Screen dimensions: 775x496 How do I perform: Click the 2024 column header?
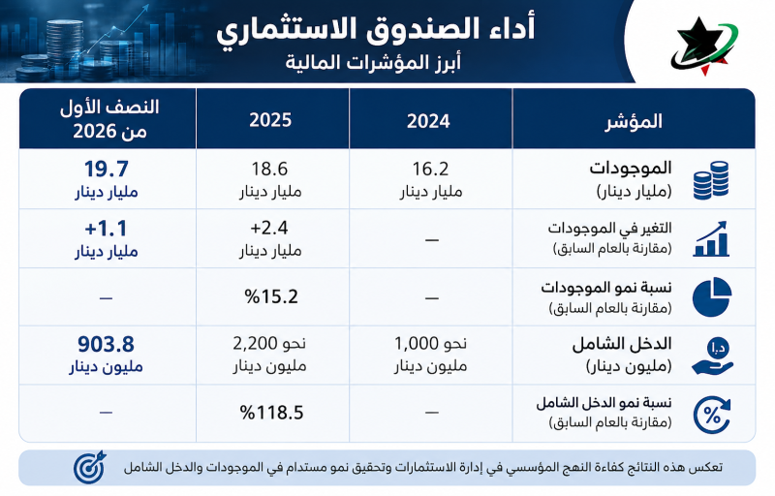tap(428, 121)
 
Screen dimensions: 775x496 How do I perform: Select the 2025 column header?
tap(270, 120)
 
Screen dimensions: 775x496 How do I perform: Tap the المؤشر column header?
tap(634, 121)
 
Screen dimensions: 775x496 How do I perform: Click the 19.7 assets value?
tap(107, 169)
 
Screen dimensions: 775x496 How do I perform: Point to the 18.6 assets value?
tap(269, 169)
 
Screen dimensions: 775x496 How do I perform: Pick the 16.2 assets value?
tap(430, 169)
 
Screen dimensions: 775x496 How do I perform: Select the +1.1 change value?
tap(107, 229)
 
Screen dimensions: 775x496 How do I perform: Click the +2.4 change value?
tap(269, 228)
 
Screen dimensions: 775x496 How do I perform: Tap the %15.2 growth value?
tap(271, 296)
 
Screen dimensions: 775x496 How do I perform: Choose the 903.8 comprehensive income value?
tap(107, 344)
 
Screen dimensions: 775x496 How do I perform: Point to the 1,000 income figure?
tap(417, 343)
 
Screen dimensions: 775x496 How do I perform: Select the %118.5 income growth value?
tap(272, 412)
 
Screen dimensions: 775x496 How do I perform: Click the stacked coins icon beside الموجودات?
tap(711, 180)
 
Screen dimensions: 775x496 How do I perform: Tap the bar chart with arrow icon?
tap(711, 238)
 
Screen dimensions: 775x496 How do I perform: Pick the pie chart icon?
tap(712, 296)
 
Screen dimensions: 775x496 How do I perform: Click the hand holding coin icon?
tap(712, 356)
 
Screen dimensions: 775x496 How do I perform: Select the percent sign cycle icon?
tap(712, 416)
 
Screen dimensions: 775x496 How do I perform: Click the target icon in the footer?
tap(89, 466)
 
